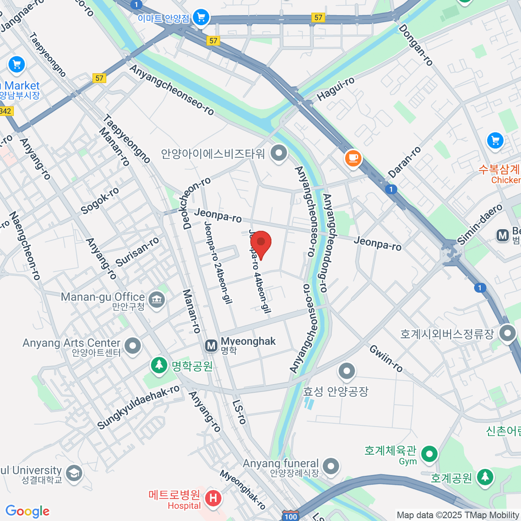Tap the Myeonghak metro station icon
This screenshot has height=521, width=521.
click(x=211, y=346)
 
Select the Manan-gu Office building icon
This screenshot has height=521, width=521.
click(x=157, y=300)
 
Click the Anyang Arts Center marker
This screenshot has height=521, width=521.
click(x=132, y=346)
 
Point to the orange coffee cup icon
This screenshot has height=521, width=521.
click(x=353, y=157)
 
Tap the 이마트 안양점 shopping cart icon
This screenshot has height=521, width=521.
click(x=201, y=18)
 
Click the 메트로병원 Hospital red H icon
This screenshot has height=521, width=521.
click(x=213, y=498)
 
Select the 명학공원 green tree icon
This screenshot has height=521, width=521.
click(x=159, y=365)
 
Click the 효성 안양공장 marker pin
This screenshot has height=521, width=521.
click(x=346, y=371)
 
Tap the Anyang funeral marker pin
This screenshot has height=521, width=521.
click(x=331, y=466)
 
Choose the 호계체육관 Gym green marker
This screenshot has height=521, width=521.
click(x=429, y=454)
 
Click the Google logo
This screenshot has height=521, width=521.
click(x=27, y=511)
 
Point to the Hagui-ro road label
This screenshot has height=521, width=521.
click(x=336, y=89)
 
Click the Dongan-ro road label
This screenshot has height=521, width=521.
click(x=415, y=45)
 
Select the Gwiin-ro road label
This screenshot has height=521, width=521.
click(x=386, y=358)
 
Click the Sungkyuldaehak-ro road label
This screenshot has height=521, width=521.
click(x=138, y=407)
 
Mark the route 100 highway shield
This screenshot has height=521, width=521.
click(x=290, y=516)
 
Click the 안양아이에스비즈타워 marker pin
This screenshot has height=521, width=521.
click(x=279, y=153)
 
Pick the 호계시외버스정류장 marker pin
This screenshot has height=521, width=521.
click(x=507, y=333)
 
